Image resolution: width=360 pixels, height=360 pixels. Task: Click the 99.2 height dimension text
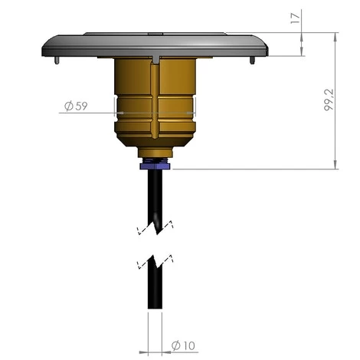coord(327,100)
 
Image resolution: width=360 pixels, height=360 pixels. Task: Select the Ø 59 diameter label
coord(74,106)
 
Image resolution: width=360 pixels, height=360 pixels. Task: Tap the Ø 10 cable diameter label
coord(185,345)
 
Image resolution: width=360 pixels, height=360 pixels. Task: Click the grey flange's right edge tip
coord(270,47)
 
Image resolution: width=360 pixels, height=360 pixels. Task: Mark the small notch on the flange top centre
coord(155,34)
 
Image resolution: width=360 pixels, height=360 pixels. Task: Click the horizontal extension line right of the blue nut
coord(253,169)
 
